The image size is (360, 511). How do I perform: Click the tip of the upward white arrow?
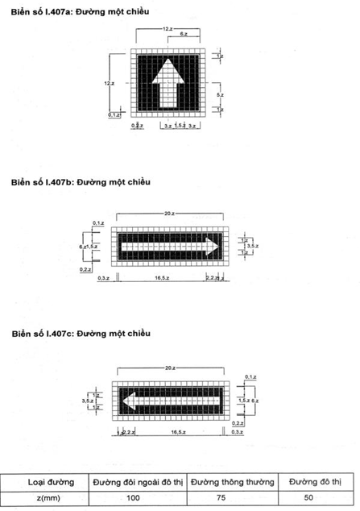click(168, 60)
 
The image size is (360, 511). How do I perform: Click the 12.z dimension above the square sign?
click(167, 29)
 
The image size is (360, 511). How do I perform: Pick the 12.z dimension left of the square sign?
click(110, 83)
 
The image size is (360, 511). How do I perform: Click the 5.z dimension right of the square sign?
click(221, 95)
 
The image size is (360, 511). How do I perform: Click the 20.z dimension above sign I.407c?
click(169, 368)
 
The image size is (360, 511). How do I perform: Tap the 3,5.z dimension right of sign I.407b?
click(250, 244)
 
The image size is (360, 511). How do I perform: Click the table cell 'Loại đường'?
click(50, 482)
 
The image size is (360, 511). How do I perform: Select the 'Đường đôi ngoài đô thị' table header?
click(139, 482)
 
